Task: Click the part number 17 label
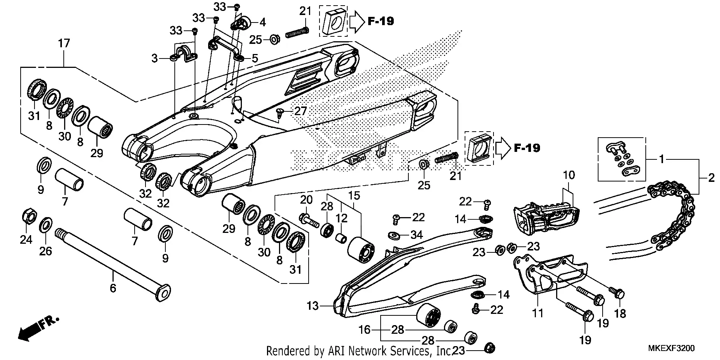64,43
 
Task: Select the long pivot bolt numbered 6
112,262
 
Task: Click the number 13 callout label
312,306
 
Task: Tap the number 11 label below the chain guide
538,313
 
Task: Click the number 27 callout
300,111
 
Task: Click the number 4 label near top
262,22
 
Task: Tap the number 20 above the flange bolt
306,199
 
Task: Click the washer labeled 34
394,235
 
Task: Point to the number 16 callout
364,330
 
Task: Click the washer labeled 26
45,225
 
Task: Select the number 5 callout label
255,58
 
